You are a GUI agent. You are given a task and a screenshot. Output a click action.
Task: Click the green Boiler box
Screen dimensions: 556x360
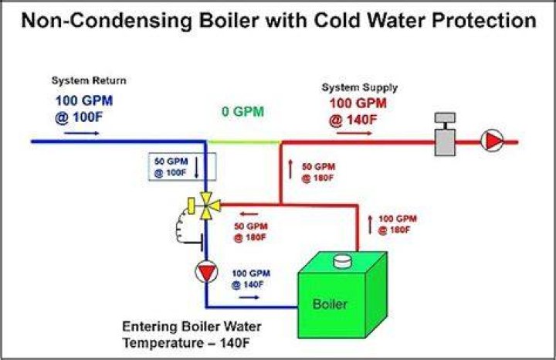point(343,295)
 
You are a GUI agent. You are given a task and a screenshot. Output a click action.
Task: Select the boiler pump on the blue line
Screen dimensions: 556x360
point(206,272)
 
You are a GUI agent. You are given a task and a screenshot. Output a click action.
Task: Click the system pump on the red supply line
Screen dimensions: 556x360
point(492,141)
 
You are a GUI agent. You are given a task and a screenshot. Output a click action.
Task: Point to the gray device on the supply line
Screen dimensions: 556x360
point(445,134)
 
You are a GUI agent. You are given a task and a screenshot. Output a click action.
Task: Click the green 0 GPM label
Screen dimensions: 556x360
point(243,112)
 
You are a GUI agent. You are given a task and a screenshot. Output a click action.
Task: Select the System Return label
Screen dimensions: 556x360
point(89,80)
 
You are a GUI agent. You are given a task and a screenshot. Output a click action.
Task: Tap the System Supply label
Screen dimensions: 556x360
point(360,87)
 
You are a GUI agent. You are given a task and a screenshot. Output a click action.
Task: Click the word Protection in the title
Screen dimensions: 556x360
point(484,20)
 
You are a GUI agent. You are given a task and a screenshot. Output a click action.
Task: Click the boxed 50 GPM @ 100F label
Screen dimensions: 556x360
point(182,167)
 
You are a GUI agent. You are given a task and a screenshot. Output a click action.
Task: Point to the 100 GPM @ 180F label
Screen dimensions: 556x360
point(398,225)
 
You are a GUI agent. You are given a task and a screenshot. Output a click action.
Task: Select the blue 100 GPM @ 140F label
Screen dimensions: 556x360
point(251,279)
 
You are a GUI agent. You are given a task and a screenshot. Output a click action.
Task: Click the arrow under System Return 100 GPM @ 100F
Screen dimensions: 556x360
point(82,134)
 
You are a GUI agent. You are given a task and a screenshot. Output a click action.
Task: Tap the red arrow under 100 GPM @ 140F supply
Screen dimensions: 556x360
point(354,134)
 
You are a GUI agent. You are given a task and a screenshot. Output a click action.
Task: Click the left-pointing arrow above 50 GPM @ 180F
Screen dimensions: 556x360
point(249,214)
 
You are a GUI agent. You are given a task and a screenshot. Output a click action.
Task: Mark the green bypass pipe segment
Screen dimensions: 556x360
point(243,142)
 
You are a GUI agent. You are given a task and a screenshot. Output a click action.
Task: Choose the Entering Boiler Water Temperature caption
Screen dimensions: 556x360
point(192,335)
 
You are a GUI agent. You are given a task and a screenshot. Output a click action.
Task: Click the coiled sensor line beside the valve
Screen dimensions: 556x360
point(181,227)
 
